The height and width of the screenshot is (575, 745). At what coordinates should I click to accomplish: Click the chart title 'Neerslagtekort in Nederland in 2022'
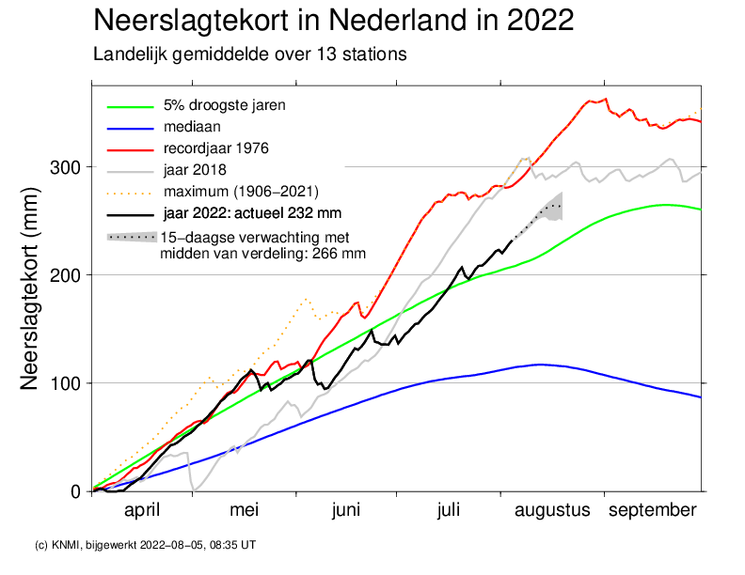tap(334, 21)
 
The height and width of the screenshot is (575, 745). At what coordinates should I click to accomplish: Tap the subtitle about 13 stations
tap(249, 54)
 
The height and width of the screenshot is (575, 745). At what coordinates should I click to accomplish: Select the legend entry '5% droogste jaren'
tap(224, 104)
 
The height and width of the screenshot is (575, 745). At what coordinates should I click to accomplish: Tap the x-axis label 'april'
tap(143, 510)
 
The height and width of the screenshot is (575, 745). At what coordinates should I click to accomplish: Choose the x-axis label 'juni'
tap(346, 510)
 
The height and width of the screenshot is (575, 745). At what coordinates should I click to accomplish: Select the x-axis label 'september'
tap(653, 510)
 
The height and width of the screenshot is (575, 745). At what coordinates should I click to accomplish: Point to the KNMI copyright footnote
tap(145, 544)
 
